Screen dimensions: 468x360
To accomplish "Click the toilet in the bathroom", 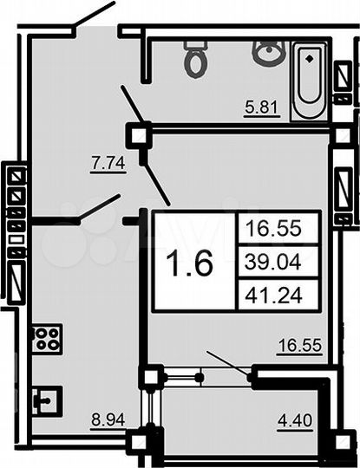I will coord(195,59).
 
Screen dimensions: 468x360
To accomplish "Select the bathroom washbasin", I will coord(267,52).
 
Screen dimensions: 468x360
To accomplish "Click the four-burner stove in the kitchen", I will coord(44,338).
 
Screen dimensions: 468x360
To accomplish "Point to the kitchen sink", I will coord(45,400).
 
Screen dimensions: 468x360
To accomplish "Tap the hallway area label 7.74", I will coord(107,160).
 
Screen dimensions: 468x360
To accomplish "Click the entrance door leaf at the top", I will coord(94,20).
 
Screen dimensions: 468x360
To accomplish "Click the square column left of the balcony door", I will coord(152,377).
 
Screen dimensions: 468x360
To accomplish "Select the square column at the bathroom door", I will coord(139,134).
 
